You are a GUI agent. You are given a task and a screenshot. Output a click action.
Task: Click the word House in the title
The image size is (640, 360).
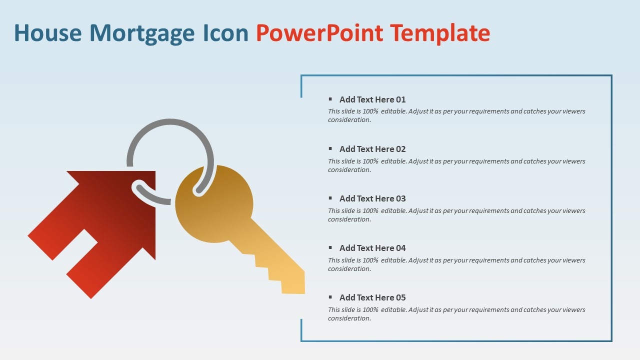(x=48, y=33)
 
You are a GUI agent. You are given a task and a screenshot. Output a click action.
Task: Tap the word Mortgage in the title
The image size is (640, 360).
(x=142, y=33)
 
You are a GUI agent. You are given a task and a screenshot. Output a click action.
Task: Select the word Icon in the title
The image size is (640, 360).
(x=225, y=33)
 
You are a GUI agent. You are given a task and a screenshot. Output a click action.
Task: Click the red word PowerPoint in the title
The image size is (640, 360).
(x=319, y=33)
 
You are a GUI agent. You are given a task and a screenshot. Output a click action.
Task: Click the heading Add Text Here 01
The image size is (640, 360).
(x=372, y=99)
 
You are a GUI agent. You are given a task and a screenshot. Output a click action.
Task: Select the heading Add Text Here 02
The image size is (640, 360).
(x=372, y=149)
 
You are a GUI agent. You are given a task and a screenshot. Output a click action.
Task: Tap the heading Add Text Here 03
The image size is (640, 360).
(x=372, y=198)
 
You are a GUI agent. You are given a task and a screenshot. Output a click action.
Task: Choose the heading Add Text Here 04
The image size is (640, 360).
(x=372, y=248)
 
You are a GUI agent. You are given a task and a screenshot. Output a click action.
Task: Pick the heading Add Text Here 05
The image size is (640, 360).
(x=372, y=297)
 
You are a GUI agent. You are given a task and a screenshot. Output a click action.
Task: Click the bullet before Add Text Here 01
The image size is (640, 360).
(x=330, y=99)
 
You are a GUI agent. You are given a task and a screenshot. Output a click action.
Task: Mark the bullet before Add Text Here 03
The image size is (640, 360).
(x=330, y=198)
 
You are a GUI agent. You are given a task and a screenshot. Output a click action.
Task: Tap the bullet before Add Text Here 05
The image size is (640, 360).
(x=330, y=297)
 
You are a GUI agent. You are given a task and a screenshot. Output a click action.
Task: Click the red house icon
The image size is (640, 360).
(x=100, y=230)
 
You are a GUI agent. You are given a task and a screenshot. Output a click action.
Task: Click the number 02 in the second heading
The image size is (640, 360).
(x=401, y=149)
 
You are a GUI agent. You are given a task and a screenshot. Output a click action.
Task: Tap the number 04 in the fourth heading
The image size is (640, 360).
(x=401, y=248)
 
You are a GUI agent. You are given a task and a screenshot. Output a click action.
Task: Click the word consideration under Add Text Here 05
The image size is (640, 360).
(x=349, y=318)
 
